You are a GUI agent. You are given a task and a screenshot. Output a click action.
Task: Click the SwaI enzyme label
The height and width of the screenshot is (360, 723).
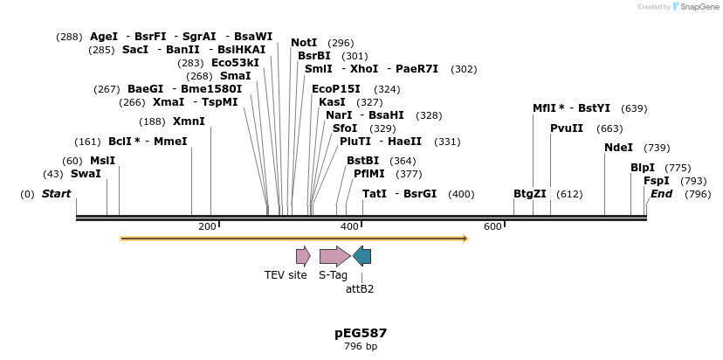(x=86, y=174)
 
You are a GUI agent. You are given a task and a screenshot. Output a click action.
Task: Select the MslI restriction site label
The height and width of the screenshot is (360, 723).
(x=102, y=161)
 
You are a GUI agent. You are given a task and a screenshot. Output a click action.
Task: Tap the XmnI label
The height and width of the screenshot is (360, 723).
(x=189, y=121)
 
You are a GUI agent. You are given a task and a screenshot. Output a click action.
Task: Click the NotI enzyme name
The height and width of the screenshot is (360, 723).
(x=304, y=43)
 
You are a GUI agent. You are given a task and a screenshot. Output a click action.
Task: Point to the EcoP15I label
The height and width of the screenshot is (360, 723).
(x=335, y=89)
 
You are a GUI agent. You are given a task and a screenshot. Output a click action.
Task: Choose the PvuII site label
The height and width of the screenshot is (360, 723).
(x=567, y=128)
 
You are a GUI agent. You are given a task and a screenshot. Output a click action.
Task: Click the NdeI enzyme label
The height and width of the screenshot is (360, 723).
(x=618, y=148)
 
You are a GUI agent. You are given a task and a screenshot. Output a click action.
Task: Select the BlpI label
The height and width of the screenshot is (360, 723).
(x=642, y=168)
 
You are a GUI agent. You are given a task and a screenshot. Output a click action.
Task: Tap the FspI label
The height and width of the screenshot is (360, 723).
(x=656, y=181)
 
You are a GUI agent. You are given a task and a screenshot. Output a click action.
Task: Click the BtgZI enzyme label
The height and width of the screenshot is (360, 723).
(x=529, y=194)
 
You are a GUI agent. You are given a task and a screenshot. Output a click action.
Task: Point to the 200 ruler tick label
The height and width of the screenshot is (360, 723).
(x=207, y=227)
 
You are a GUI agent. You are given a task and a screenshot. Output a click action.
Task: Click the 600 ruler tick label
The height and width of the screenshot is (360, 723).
(x=492, y=227)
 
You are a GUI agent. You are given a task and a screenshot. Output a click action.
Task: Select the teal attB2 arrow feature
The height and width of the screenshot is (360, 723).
(x=361, y=256)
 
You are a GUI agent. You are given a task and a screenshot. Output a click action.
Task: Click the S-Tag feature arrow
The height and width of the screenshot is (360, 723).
(x=334, y=256)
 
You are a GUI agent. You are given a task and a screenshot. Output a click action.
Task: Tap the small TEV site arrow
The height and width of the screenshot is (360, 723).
(x=303, y=256)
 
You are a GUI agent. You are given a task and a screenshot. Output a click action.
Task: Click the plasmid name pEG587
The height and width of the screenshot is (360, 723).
(x=361, y=333)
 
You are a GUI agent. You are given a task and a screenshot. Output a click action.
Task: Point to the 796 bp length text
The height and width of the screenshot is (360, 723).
(x=361, y=347)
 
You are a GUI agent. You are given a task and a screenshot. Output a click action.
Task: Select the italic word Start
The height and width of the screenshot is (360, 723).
(x=56, y=194)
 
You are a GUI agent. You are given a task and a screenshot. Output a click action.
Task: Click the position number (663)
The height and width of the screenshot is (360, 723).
(x=609, y=128)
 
